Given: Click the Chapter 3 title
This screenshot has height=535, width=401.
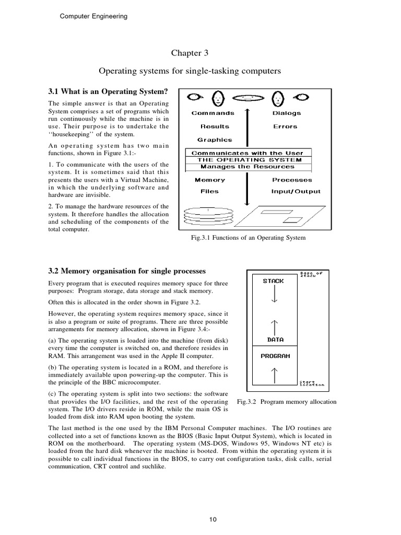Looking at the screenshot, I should [186, 53].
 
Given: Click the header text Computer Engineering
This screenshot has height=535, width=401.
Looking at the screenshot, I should [92, 16].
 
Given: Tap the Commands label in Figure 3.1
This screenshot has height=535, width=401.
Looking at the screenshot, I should [213, 113].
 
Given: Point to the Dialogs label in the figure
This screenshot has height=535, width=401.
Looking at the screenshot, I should [286, 113].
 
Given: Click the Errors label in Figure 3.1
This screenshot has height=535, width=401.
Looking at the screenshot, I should [285, 126].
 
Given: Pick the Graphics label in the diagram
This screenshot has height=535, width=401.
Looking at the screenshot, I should [215, 139].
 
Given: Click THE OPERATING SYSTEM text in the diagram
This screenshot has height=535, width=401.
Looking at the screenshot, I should [249, 160].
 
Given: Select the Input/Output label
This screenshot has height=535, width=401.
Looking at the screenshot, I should [296, 191].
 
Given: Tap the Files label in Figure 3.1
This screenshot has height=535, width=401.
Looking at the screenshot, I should [209, 191].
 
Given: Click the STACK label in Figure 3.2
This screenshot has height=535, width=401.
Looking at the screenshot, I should [274, 281].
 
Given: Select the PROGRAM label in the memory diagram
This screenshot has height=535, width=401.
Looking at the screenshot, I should [275, 356].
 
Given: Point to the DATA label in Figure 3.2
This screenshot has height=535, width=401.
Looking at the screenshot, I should [275, 339].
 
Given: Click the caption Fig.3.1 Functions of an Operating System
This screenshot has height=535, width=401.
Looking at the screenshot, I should [249, 238].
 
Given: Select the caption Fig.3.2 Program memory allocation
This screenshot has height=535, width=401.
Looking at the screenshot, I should [287, 402].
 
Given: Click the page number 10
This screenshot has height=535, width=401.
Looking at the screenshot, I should [213, 519].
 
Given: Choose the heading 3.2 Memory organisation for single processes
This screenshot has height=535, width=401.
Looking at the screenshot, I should [127, 271].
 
